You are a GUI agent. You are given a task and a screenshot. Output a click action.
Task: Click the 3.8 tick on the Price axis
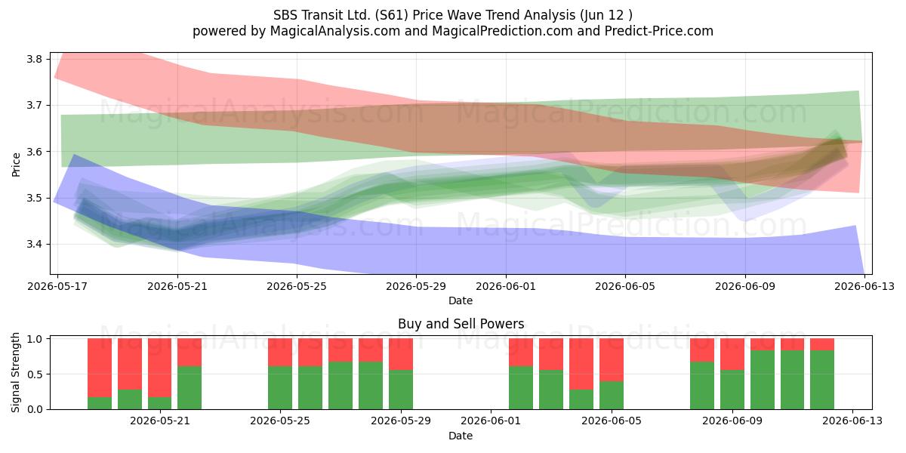click(34, 60)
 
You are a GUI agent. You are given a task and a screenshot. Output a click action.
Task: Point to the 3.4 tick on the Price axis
click(34, 245)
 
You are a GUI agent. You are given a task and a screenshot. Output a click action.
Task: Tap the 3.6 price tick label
click(34, 152)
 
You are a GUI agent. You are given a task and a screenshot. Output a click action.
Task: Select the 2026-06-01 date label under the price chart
click(506, 286)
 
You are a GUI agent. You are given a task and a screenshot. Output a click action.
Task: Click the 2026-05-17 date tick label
click(57, 286)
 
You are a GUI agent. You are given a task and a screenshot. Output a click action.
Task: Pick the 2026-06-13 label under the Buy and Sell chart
click(852, 421)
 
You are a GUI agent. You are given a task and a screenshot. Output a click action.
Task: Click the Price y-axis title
click(16, 165)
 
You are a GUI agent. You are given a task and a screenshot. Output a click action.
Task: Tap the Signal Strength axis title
click(15, 372)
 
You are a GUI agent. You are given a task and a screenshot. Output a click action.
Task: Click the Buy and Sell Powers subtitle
click(461, 324)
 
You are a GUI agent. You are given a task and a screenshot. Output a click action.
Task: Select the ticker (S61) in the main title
click(389, 15)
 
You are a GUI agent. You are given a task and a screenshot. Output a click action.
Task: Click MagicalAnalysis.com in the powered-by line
click(335, 31)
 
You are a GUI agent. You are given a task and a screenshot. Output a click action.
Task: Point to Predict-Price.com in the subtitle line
click(659, 31)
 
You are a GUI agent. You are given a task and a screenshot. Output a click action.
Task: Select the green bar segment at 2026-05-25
click(280, 387)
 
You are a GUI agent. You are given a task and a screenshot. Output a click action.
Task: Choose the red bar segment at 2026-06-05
click(612, 360)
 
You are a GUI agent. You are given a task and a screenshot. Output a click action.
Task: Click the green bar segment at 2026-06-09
click(732, 390)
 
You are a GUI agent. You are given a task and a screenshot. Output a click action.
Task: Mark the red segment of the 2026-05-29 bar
click(401, 354)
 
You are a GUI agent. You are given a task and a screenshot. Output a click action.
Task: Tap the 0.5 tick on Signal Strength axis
click(35, 374)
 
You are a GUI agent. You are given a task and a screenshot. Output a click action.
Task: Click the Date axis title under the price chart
click(461, 300)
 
